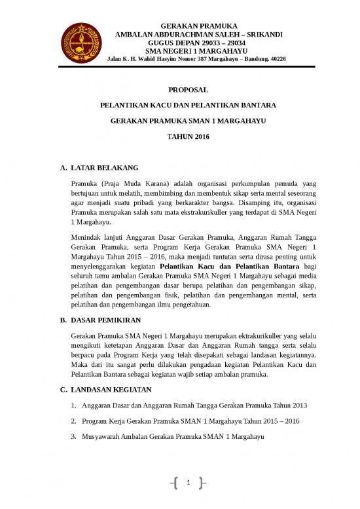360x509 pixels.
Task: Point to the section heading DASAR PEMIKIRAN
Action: [105, 321]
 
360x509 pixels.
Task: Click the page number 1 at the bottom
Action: [188, 484]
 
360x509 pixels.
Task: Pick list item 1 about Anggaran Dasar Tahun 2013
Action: [180, 406]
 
